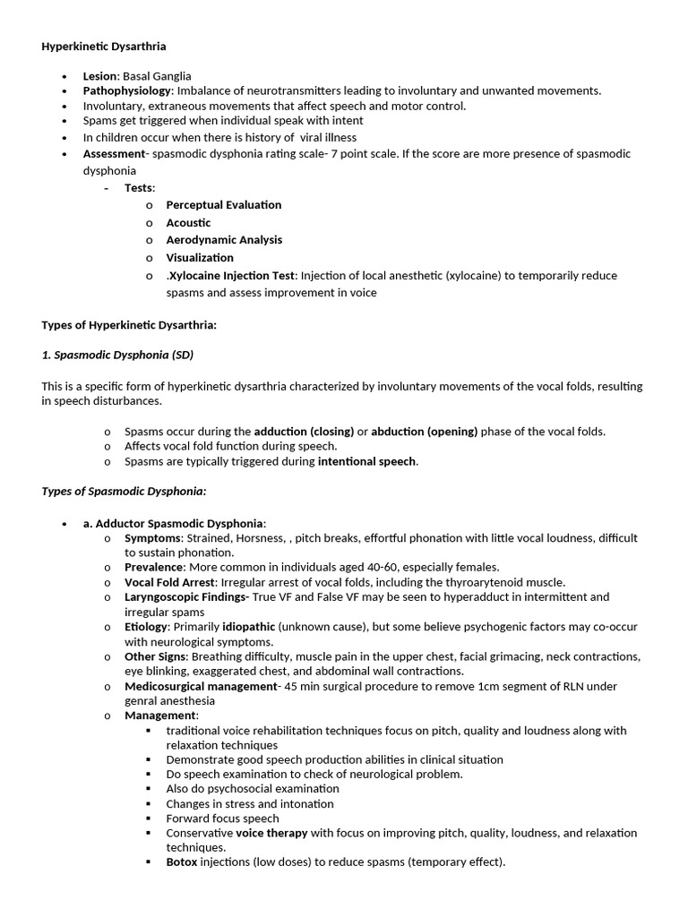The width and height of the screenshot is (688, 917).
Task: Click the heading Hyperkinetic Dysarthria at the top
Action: coord(103,46)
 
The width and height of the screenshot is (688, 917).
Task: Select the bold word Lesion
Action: coord(99,76)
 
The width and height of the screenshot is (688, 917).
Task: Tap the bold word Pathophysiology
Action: coord(126,90)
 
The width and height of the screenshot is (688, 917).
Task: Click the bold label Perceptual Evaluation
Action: coord(223,205)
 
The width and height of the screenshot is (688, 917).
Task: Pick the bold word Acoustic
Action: coord(188,222)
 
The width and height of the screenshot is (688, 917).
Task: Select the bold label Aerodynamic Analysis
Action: coord(223,240)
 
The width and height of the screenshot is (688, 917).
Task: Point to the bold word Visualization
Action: coord(199,258)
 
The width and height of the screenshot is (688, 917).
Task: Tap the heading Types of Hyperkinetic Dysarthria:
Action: coord(129,325)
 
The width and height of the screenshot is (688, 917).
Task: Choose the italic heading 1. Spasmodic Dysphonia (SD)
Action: coord(117,355)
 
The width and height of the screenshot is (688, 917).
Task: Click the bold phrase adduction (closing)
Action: coord(304,432)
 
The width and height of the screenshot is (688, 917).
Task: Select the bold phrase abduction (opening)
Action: coord(424,432)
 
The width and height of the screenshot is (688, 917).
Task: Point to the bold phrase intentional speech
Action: coord(366,462)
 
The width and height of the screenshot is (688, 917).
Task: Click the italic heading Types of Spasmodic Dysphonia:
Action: coord(124,491)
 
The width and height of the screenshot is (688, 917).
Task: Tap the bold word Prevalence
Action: coord(154,567)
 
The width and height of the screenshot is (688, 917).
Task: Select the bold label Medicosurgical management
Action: coord(202,686)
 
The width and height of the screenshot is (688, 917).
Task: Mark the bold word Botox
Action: coord(182,862)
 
